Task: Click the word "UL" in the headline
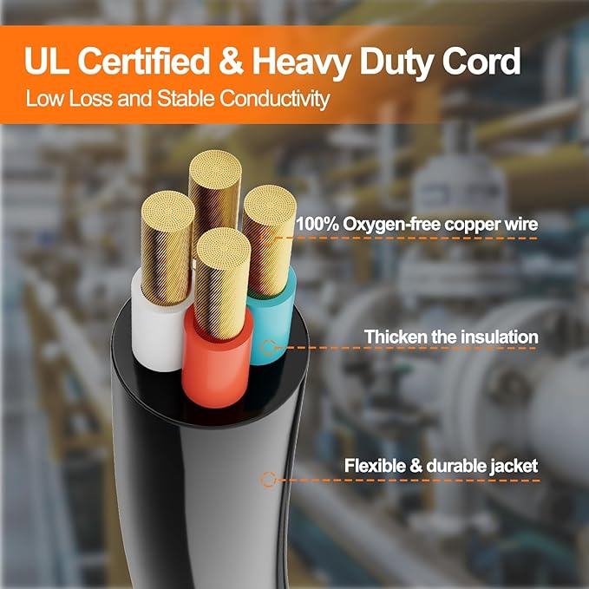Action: (47, 61)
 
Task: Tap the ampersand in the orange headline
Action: (231, 61)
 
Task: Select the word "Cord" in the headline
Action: (481, 61)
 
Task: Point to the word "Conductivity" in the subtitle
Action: (275, 99)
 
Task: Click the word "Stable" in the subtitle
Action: (186, 98)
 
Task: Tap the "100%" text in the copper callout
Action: (317, 225)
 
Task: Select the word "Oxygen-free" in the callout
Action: (393, 225)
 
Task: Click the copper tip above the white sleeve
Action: (167, 248)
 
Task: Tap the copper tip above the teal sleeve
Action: (269, 240)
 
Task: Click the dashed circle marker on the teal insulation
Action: (268, 348)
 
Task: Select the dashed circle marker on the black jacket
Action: (268, 480)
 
